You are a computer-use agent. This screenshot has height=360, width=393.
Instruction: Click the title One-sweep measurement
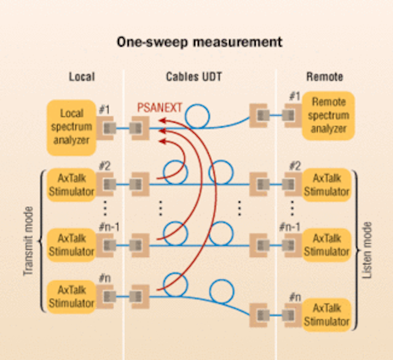click(200, 42)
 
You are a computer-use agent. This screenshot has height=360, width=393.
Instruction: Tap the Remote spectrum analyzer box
click(329, 115)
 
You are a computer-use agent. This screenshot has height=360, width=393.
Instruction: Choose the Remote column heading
click(324, 77)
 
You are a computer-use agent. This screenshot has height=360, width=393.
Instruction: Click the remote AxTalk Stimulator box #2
click(327, 185)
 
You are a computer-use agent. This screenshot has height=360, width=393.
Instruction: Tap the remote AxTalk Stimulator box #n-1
click(327, 244)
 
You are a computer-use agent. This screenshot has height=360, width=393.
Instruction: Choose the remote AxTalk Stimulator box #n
click(327, 314)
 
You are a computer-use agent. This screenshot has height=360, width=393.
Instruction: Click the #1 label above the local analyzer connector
click(104, 109)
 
